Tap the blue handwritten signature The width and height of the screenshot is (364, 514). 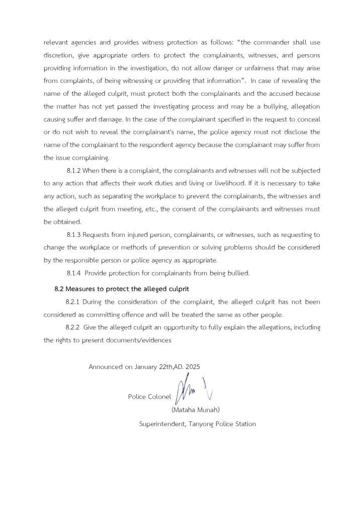[x=186, y=389]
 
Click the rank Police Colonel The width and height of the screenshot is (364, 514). [x=149, y=397]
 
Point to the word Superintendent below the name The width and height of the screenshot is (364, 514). [x=162, y=424]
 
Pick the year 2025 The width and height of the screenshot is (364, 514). [x=193, y=367]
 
